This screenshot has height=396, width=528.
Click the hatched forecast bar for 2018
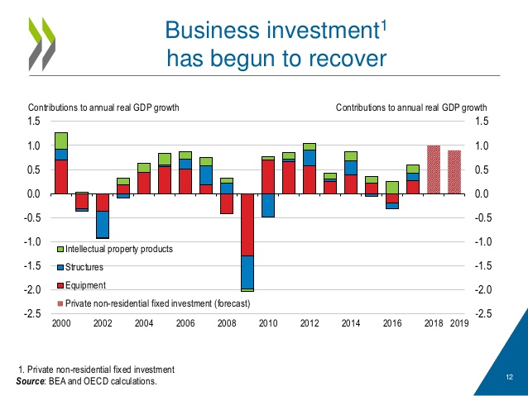(434, 169)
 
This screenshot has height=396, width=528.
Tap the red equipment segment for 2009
(247, 224)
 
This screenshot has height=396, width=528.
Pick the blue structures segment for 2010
(268, 205)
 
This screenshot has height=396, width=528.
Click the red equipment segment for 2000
(61, 176)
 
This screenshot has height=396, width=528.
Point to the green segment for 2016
(392, 188)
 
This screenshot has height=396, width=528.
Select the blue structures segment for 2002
(103, 224)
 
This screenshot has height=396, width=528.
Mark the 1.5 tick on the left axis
(34, 122)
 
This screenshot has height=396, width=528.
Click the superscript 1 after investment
(383, 24)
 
